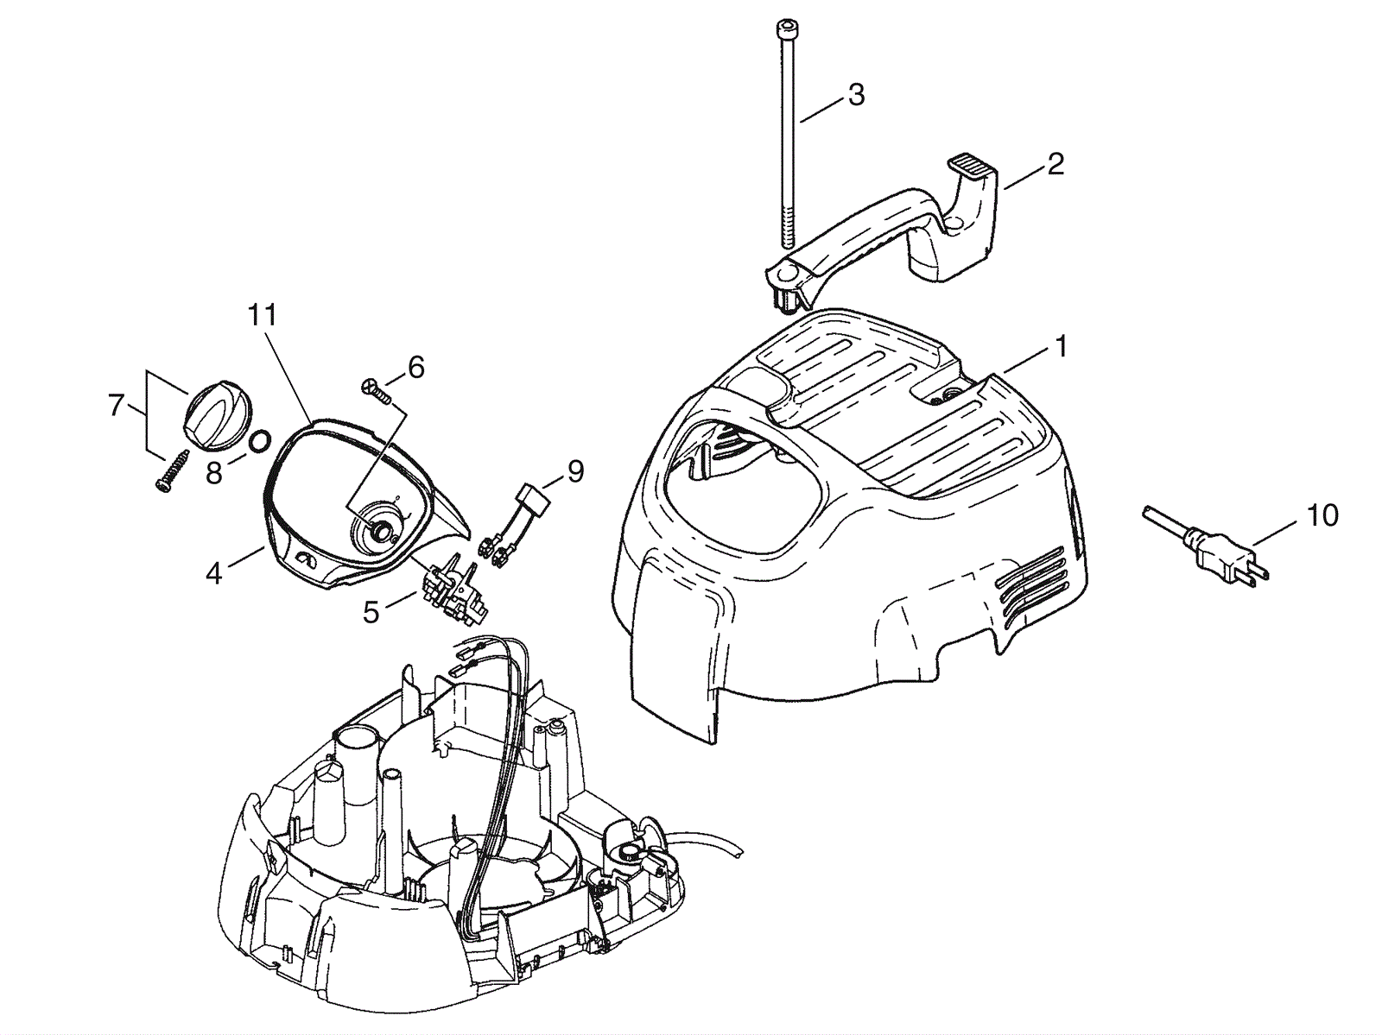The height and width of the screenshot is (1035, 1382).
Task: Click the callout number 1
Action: pyautogui.click(x=1060, y=347)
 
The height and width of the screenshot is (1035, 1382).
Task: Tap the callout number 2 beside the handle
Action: pyautogui.click(x=1055, y=164)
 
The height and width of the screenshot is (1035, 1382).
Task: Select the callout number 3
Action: pyautogui.click(x=855, y=95)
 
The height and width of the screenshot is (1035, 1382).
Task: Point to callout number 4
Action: pyautogui.click(x=213, y=571)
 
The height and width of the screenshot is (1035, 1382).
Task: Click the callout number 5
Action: pyautogui.click(x=371, y=612)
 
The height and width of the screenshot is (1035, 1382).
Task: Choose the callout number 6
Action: pyautogui.click(x=415, y=368)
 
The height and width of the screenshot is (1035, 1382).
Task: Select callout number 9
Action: pyautogui.click(x=574, y=471)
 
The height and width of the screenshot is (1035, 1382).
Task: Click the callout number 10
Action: pyautogui.click(x=1322, y=515)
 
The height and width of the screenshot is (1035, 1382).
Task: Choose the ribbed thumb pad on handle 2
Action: pyautogui.click(x=973, y=163)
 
